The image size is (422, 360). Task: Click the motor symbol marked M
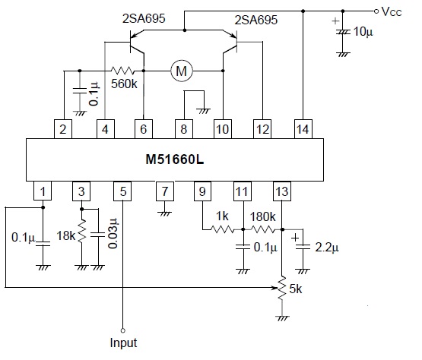click(182, 71)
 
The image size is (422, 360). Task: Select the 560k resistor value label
click(123, 86)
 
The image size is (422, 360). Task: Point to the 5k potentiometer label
click(297, 289)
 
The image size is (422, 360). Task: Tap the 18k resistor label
click(67, 237)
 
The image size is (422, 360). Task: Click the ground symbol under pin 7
click(162, 213)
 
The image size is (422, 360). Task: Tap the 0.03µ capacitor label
click(114, 237)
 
